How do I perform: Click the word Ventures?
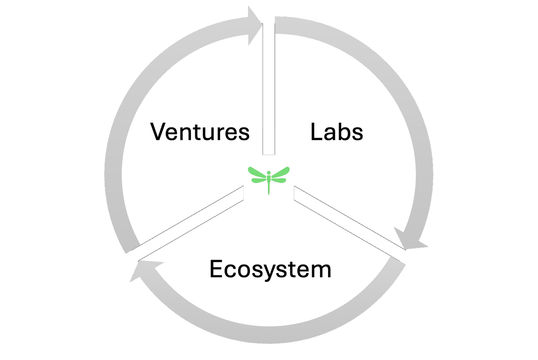(200, 132)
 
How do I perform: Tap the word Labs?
(337, 132)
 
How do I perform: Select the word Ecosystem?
(270, 269)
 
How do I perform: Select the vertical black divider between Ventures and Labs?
(269, 89)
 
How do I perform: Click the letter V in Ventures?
(159, 132)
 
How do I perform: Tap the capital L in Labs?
(316, 132)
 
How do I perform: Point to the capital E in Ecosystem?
(216, 269)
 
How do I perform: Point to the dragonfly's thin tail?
(269, 188)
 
